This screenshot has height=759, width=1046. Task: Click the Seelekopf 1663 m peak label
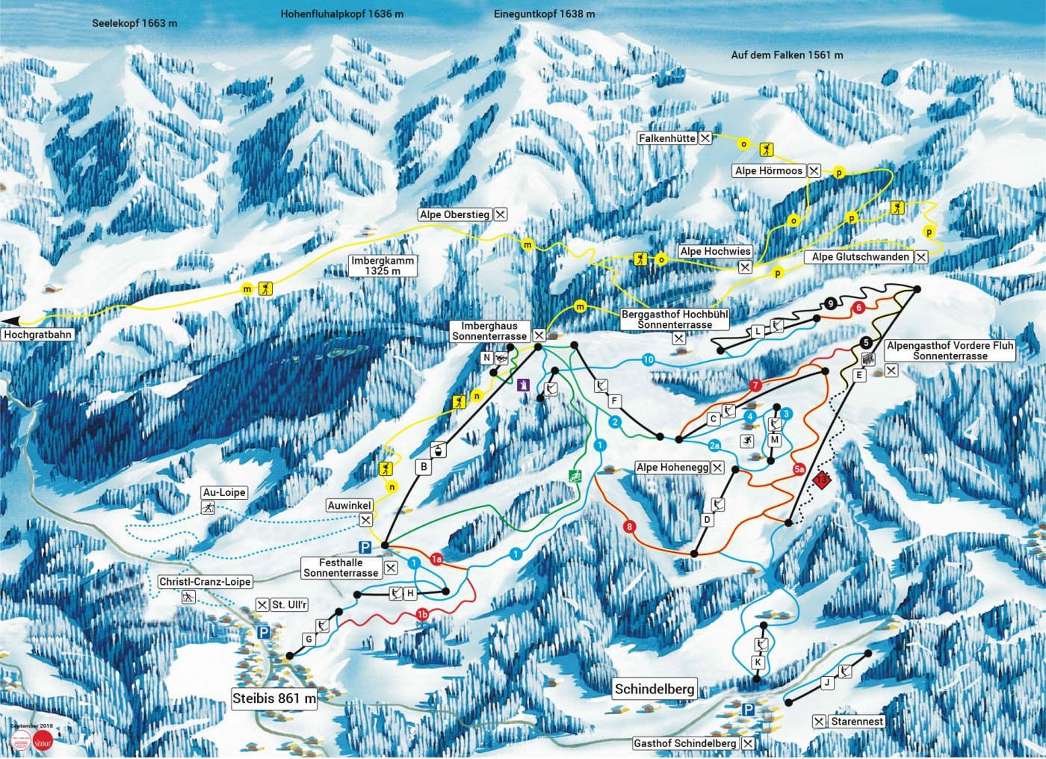coord(134,23)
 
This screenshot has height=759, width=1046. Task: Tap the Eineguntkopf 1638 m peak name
coord(544,14)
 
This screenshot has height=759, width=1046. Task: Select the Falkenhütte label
coord(667,138)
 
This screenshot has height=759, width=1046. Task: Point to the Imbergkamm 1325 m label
coord(383,266)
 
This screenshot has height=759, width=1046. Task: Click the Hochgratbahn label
coord(37,335)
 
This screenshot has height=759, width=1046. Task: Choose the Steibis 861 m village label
coord(274,699)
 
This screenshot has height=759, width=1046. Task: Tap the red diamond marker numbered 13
coord(823,480)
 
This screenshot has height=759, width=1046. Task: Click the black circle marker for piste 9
coord(831,303)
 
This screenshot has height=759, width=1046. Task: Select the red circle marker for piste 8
coord(630,527)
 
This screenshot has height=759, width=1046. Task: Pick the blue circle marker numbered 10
coord(648,360)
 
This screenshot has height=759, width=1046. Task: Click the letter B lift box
coord(424,467)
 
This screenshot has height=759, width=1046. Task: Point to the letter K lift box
coord(758,663)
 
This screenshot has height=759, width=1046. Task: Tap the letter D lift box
coord(708,520)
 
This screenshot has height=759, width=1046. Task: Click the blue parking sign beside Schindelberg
coord(749,708)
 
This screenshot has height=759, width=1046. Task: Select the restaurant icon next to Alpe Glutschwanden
coord(921,257)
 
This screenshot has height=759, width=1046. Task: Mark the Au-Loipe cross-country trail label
coord(224,493)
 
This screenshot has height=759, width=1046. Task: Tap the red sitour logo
coord(43,740)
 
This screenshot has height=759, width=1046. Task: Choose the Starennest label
coord(857,722)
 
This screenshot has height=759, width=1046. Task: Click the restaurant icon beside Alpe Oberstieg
coord(501,214)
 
